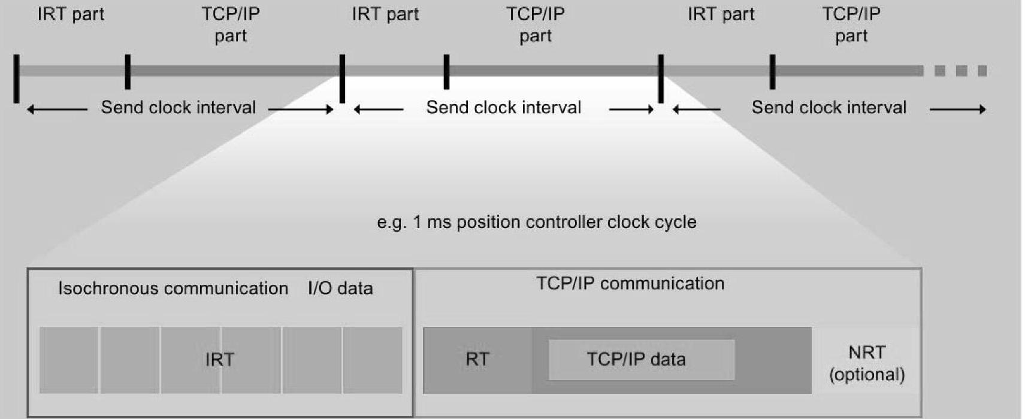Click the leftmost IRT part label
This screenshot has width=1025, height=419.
pos(71,14)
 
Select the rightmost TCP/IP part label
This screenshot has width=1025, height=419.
pos(851,25)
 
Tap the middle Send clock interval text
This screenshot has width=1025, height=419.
pos(503,108)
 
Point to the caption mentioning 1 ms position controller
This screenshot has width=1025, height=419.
pos(536,222)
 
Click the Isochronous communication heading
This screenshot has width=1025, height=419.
pos(173,289)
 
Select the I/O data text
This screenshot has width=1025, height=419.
pos(340,289)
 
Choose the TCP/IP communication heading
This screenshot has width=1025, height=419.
pos(630,284)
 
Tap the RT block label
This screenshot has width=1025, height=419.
pos(477,360)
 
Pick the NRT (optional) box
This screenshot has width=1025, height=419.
pos(866,363)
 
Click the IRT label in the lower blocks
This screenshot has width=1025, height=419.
pos(219,360)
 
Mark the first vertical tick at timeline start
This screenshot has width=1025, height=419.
pos(17,78)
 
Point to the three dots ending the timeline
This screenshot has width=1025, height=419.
pos(960,71)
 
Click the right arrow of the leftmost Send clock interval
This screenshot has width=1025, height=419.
pos(301,109)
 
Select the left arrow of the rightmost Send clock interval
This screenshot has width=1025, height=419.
pos(696,109)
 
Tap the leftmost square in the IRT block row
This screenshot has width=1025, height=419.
pos(69,360)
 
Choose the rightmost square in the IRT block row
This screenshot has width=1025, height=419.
pos(373,360)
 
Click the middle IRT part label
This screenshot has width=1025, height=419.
pos(385,14)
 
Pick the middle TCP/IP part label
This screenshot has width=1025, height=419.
pos(535,25)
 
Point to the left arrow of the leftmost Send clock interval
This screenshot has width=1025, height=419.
pos(57,109)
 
